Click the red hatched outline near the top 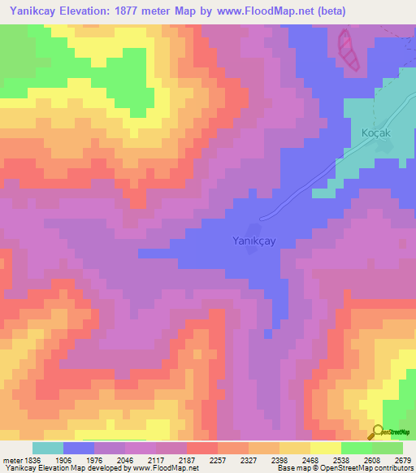pos(348,49)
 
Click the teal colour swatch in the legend pos(48,448)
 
